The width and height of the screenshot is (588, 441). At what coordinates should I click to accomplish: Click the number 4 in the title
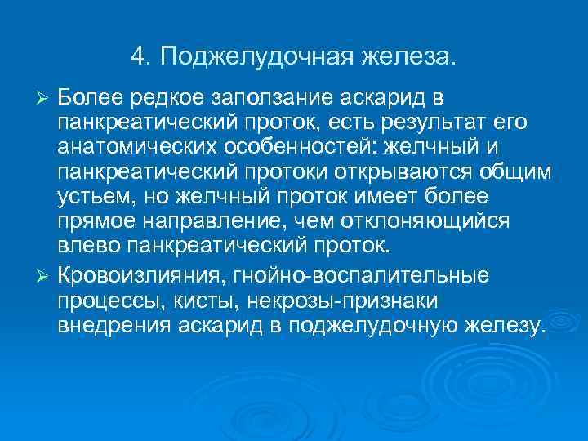[136, 57]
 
